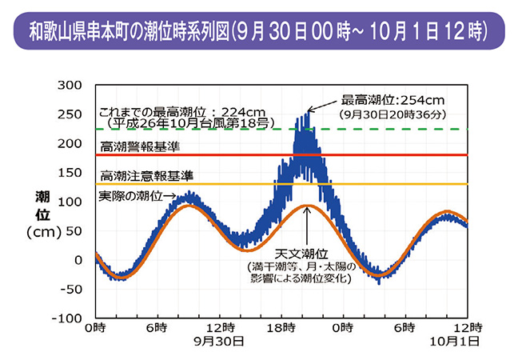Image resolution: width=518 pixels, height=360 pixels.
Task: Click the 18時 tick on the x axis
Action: coord(281,328)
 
